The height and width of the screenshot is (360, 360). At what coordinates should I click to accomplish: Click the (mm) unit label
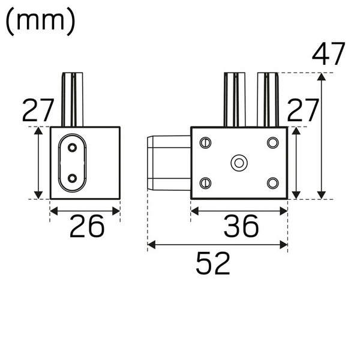click(x=40, y=22)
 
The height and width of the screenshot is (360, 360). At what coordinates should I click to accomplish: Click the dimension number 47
click(x=329, y=53)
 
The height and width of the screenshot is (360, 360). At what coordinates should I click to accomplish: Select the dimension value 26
click(x=87, y=226)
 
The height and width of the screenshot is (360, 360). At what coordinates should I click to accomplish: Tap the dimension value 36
click(x=241, y=226)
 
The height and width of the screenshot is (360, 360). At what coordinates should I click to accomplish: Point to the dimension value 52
click(x=213, y=263)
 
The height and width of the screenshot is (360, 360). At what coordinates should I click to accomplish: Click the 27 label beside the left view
click(x=38, y=110)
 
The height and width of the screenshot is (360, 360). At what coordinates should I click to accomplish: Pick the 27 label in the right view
click(x=303, y=110)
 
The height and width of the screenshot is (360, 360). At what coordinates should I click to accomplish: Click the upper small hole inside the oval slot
click(x=73, y=148)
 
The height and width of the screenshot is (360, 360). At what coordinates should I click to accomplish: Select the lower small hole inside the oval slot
click(x=73, y=178)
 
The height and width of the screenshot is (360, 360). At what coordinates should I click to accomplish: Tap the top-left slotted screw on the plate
click(x=205, y=143)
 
